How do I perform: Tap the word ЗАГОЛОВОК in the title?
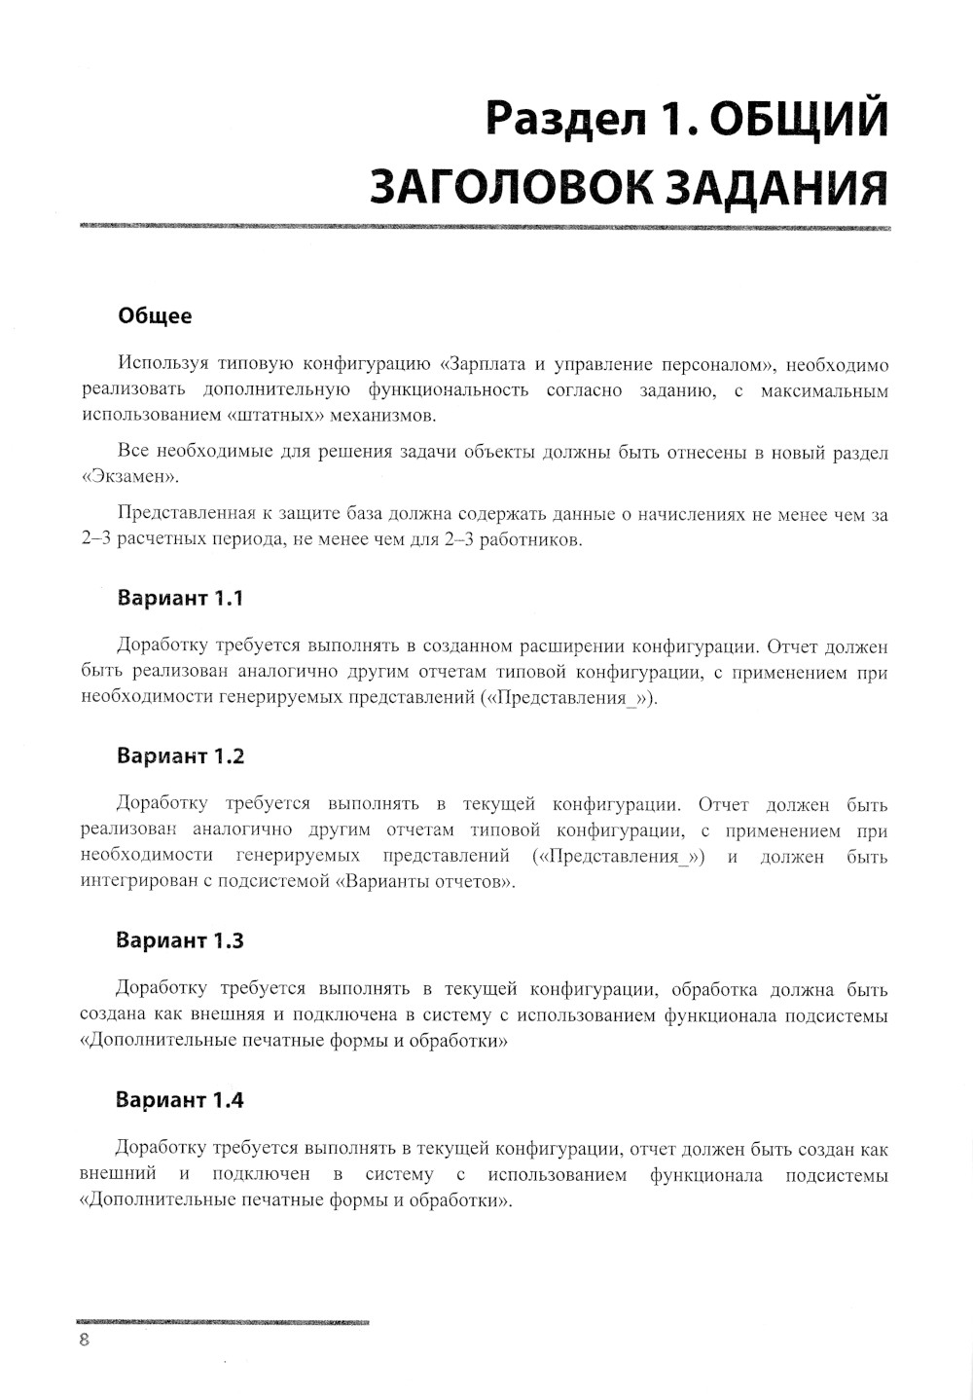512,185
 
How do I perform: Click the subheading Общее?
155,316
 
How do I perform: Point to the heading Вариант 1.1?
179,598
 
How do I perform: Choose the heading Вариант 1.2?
180,756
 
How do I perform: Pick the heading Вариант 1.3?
180,941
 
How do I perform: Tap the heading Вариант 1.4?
180,1101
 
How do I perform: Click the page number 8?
85,1340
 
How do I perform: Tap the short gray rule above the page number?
223,1322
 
